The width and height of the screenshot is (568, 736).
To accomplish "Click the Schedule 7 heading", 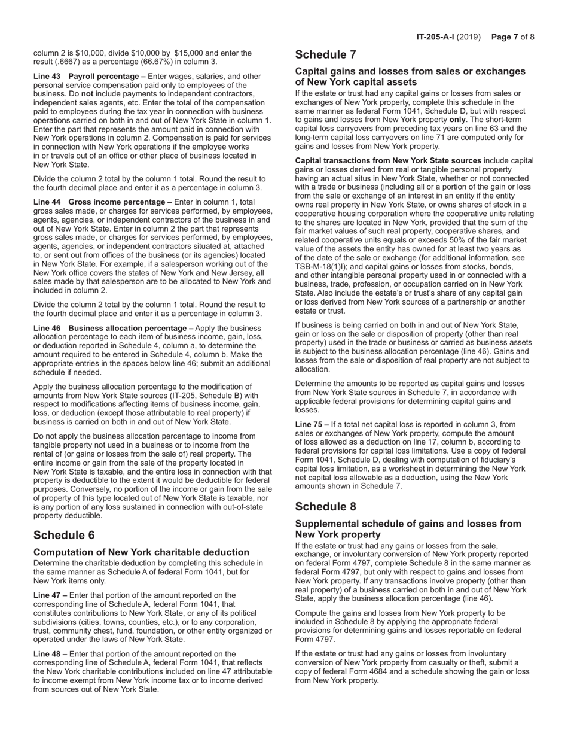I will pyautogui.click(x=326, y=55).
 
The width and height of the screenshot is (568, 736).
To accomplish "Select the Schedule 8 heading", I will pyautogui.click(x=326, y=506).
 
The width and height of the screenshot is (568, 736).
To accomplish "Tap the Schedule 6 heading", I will pyautogui.click(x=64, y=535).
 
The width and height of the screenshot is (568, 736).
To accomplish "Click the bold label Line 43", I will pyautogui.click(x=47, y=77).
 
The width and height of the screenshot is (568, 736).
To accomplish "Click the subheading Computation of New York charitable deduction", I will pyautogui.click(x=142, y=552).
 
